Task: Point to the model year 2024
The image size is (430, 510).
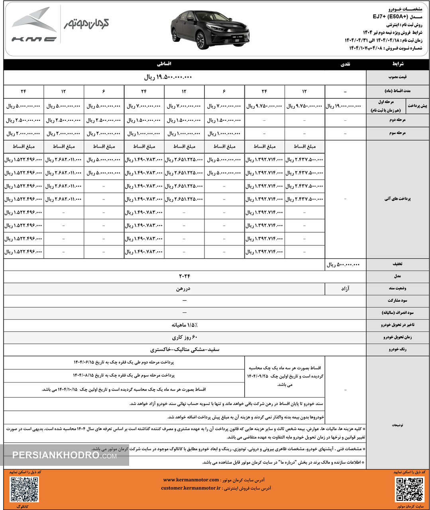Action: [x=185, y=276]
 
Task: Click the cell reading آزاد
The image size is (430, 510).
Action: [x=345, y=288]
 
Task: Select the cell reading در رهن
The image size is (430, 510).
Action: [x=185, y=288]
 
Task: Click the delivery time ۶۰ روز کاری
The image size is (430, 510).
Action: [x=185, y=337]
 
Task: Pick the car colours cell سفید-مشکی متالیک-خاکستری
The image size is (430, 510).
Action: [x=185, y=349]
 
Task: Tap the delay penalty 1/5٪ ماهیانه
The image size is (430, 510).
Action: [x=185, y=325]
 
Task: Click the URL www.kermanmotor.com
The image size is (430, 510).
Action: [x=191, y=480]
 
